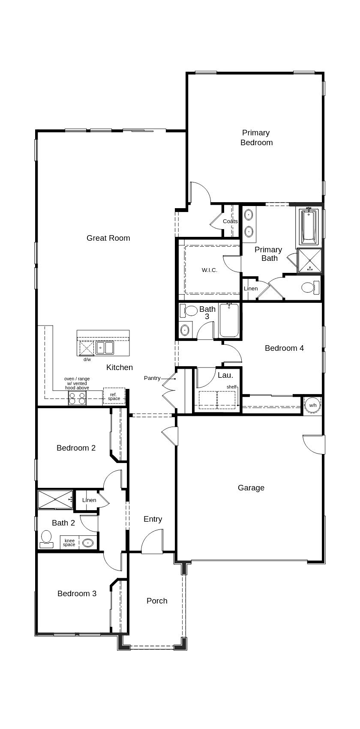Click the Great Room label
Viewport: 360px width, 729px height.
(x=108, y=238)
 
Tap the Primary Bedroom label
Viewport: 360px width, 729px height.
(x=256, y=137)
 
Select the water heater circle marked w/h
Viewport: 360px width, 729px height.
(x=313, y=405)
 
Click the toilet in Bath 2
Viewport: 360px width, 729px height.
(x=46, y=538)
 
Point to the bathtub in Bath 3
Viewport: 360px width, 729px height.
(x=229, y=321)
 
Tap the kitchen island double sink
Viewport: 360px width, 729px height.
(x=105, y=347)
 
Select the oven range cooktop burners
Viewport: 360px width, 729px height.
(x=78, y=399)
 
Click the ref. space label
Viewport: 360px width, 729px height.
(x=114, y=397)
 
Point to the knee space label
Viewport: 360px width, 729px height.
(x=69, y=543)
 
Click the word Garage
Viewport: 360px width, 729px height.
(x=251, y=488)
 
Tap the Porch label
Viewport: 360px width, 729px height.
(x=157, y=601)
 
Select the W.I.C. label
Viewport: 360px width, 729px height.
(x=210, y=270)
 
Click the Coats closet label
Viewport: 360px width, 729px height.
(x=230, y=221)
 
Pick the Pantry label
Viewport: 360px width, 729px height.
(x=152, y=378)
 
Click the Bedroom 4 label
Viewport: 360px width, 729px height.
(x=284, y=348)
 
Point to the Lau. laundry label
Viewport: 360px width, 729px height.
(x=225, y=376)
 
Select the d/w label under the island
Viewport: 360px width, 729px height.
(x=87, y=359)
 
